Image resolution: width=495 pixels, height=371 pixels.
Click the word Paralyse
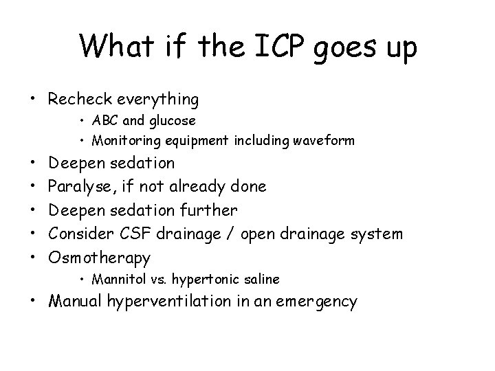click(x=78, y=186)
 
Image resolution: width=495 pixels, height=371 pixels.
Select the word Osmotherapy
click(x=99, y=258)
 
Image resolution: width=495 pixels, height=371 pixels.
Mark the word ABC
click(x=105, y=121)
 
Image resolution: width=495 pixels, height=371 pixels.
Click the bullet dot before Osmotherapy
click(x=34, y=258)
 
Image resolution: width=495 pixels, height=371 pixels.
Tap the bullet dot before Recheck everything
click(x=34, y=100)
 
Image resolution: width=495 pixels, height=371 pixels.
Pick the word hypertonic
click(x=205, y=279)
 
